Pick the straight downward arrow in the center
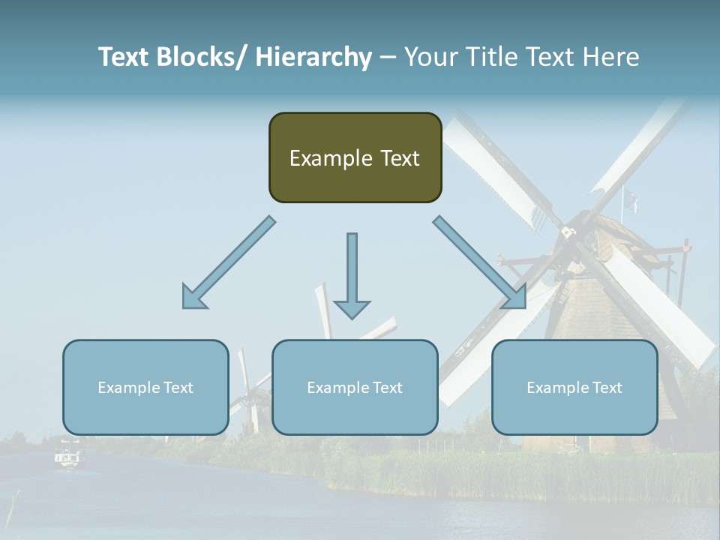352,274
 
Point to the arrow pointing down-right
480,262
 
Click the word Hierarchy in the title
313,57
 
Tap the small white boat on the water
67,457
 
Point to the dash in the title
388,57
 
